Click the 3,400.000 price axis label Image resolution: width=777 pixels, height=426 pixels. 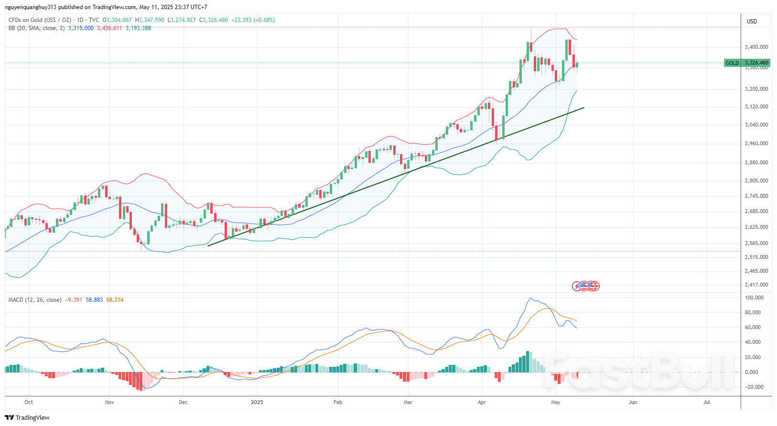click(756, 47)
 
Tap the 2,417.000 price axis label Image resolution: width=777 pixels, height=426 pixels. click(756, 285)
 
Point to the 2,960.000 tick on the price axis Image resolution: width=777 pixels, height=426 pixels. click(756, 143)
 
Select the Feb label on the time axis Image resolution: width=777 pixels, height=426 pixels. click(338, 402)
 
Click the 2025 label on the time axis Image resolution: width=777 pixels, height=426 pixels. click(257, 402)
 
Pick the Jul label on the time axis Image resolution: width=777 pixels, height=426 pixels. click(707, 402)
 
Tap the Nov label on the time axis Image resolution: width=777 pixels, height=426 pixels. click(109, 402)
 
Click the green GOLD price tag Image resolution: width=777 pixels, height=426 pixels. click(747, 63)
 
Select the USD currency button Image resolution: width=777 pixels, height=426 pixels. click(752, 21)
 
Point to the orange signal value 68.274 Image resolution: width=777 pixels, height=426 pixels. click(115, 300)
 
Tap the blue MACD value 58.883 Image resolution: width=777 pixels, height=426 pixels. click(94, 300)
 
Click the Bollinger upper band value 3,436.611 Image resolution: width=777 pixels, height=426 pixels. click(109, 28)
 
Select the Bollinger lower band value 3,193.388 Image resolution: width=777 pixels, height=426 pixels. click(138, 28)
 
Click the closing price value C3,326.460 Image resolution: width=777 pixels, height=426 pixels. click(214, 20)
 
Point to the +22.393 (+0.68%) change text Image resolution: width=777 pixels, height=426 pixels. click(253, 20)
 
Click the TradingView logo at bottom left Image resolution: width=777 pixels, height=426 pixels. click(27, 417)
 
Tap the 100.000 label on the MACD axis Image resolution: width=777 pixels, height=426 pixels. click(754, 298)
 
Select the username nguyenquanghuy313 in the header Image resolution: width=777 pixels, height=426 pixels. click(31, 7)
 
